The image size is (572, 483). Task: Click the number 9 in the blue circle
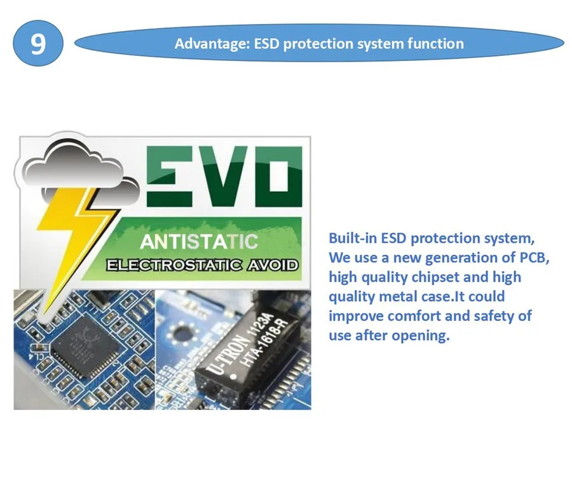pyautogui.click(x=38, y=44)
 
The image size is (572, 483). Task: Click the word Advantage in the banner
pyautogui.click(x=210, y=44)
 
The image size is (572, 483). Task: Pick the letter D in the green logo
pyautogui.click(x=274, y=175)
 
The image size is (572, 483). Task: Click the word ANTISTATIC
pyautogui.click(x=199, y=241)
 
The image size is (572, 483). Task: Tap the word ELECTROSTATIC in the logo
pyautogui.click(x=171, y=264)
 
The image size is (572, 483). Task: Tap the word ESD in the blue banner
pyautogui.click(x=268, y=44)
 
